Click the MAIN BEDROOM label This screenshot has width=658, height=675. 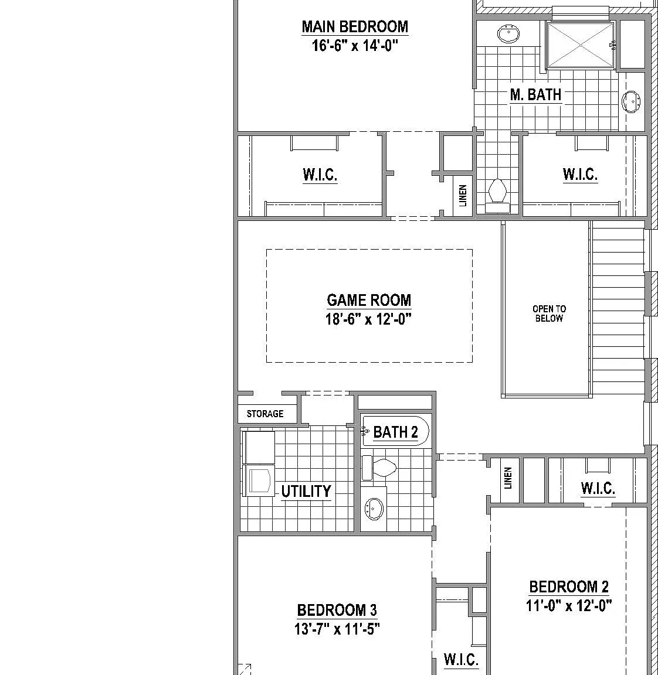355,27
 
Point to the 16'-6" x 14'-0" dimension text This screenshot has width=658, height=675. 355,45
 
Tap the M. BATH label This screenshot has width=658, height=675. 535,94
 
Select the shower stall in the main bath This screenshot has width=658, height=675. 581,45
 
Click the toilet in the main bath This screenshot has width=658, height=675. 497,196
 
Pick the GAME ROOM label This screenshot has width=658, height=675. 369,300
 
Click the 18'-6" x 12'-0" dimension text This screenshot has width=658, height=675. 369,319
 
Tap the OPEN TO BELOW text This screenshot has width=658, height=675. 549,313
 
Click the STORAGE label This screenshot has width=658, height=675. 265,414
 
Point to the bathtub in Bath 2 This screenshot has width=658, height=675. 396,431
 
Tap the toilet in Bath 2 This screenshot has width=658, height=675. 379,468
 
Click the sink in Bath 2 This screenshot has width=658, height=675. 373,509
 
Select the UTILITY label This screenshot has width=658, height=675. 306,491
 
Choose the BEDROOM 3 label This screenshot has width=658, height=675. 337,611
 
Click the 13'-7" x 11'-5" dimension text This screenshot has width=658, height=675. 337,629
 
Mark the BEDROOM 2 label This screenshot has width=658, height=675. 569,587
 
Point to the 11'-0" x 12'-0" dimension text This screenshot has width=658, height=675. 569,606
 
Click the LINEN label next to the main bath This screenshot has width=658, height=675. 463,196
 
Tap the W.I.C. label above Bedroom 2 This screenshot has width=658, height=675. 598,488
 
